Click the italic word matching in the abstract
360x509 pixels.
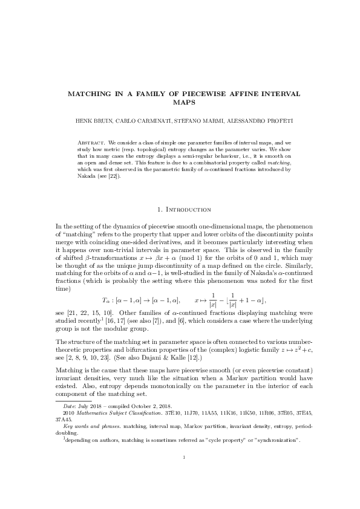click(x=280, y=163)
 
